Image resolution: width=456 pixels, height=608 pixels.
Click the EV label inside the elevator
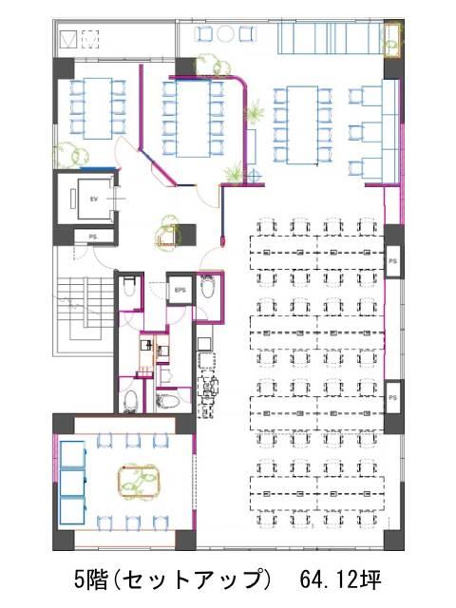tap(93, 199)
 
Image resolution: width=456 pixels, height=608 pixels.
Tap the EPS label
tap(180, 290)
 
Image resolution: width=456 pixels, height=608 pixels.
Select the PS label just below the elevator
tap(93, 237)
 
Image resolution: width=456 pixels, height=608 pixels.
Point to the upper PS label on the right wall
tap(392, 261)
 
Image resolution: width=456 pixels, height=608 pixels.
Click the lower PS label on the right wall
tap(392, 398)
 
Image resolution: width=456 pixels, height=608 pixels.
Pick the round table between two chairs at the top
tap(225, 34)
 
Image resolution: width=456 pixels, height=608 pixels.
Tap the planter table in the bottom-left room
tap(139, 481)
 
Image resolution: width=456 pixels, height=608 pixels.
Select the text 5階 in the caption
tap(90, 579)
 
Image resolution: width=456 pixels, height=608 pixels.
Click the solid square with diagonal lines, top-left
tap(68, 39)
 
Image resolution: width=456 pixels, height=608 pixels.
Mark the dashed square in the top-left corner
tap(90, 39)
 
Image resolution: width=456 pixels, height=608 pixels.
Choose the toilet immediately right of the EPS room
tap(208, 286)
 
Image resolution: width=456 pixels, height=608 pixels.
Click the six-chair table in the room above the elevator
tap(98, 108)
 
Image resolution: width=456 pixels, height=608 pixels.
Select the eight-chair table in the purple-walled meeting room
tap(193, 118)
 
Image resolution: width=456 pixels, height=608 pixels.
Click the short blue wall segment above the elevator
tap(98, 169)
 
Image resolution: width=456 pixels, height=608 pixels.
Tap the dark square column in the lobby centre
tap(188, 235)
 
